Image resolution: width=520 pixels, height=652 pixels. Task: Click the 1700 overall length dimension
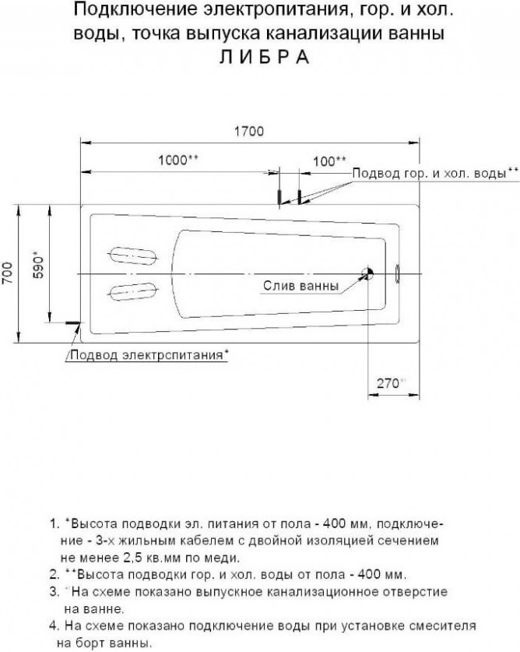(x=249, y=132)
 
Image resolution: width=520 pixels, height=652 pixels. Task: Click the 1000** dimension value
(x=178, y=160)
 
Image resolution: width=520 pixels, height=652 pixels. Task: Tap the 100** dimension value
(x=329, y=161)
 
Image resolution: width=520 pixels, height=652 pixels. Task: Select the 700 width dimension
(x=8, y=273)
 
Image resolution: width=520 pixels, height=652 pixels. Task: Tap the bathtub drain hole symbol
(x=368, y=273)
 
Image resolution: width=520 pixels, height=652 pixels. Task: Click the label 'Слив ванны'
(x=301, y=286)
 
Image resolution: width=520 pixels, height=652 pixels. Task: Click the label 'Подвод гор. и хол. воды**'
(x=435, y=173)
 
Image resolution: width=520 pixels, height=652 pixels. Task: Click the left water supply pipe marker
(x=279, y=196)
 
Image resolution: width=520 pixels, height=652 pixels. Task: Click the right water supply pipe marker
(x=299, y=196)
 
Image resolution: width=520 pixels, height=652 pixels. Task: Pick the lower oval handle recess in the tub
(x=133, y=291)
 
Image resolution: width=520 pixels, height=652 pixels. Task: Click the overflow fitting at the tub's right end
(x=396, y=273)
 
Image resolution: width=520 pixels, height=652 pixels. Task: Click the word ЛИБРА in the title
(x=264, y=57)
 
